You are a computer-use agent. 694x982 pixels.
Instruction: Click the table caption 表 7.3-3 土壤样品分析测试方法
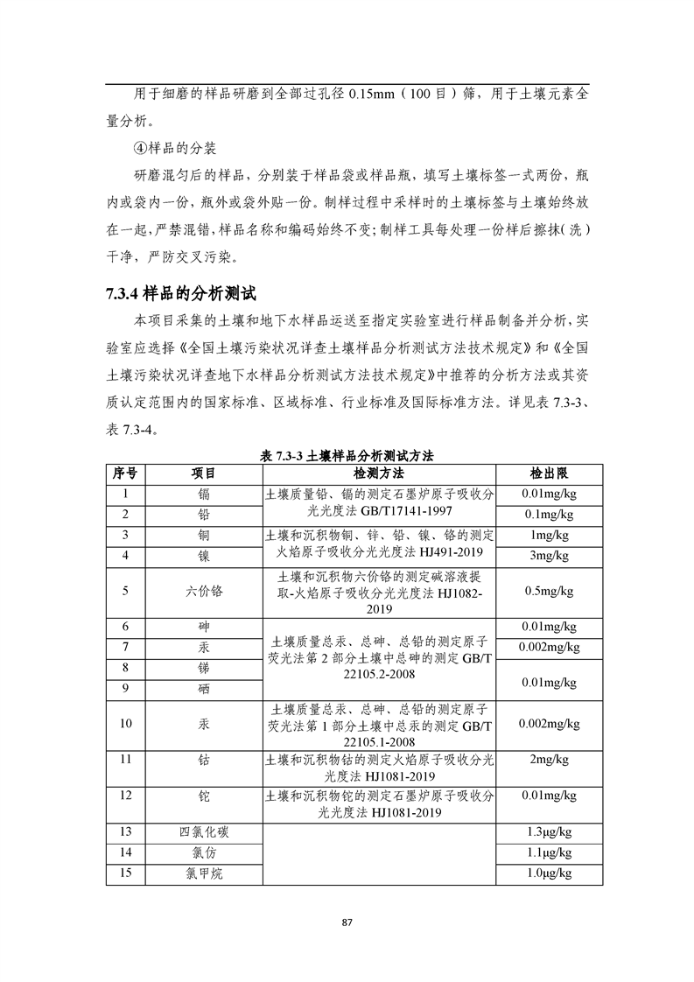tap(347, 456)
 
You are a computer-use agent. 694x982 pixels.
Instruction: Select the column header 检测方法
tap(378, 473)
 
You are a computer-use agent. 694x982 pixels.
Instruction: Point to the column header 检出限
tap(548, 473)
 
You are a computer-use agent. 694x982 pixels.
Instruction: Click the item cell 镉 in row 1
tap(203, 494)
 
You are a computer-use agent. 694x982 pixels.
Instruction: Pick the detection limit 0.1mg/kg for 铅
tap(548, 514)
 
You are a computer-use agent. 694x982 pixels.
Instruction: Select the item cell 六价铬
tap(203, 591)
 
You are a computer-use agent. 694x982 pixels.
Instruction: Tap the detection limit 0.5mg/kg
tap(548, 591)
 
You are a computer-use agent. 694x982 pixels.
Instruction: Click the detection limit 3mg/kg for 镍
tap(548, 555)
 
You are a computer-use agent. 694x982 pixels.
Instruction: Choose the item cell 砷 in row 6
tap(203, 628)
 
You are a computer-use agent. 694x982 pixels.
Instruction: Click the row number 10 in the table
tap(125, 724)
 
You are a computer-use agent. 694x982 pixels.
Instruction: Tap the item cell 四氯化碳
tap(203, 831)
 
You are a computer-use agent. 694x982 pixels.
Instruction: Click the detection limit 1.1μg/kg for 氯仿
tap(548, 852)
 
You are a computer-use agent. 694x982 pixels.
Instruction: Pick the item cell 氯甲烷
tap(203, 873)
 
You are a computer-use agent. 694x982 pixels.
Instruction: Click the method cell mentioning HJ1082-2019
tap(378, 591)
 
